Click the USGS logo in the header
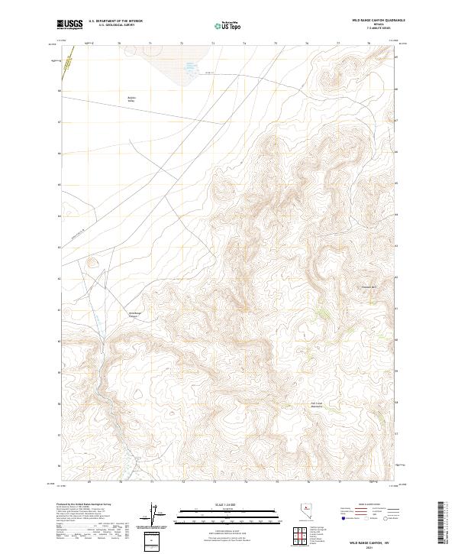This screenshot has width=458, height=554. pyautogui.click(x=69, y=25)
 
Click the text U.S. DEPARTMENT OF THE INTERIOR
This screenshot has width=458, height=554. pyautogui.click(x=115, y=21)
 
